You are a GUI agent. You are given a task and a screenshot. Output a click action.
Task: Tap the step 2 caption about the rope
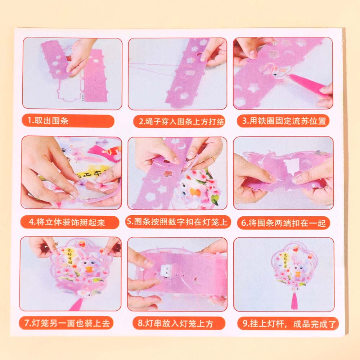(179, 121)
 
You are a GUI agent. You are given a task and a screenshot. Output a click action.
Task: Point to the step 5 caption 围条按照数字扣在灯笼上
(178, 222)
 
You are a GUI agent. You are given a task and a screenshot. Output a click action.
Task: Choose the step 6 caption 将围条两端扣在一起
(283, 223)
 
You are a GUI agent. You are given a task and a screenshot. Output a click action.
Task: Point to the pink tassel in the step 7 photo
(77, 304)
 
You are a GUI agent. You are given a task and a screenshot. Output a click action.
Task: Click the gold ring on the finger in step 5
(213, 159)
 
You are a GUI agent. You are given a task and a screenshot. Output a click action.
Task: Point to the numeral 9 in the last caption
(245, 324)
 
